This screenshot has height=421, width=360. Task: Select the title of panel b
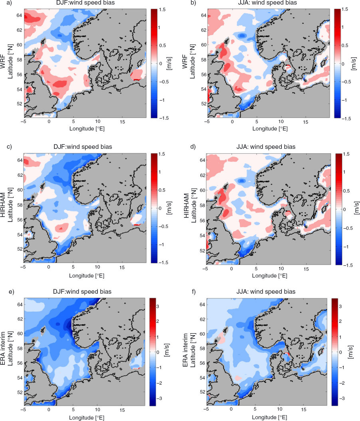point(267,3)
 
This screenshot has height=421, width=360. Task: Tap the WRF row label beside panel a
point(3,61)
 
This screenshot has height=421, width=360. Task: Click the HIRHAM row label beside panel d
point(186,206)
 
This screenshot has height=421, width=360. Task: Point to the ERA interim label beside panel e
point(3,348)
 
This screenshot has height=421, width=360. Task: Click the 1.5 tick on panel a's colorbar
point(162,10)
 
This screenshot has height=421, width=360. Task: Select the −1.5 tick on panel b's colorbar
point(346,119)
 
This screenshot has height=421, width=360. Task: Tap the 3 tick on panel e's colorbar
point(158,306)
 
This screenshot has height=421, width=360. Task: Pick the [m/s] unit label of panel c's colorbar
point(169,208)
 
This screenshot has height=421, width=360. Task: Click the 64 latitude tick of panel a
point(19,15)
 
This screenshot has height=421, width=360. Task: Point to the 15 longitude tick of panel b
point(305,122)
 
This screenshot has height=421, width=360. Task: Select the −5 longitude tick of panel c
point(23,267)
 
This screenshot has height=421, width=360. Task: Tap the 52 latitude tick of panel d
point(202,251)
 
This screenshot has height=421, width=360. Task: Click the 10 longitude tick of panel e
point(97,410)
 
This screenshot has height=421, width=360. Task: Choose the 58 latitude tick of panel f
point(202,348)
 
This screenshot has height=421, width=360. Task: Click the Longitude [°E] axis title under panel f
point(269,417)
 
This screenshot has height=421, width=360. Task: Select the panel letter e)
point(11,292)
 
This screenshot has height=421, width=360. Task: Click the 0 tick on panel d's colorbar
point(345,210)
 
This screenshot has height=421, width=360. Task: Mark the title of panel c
point(83,147)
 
